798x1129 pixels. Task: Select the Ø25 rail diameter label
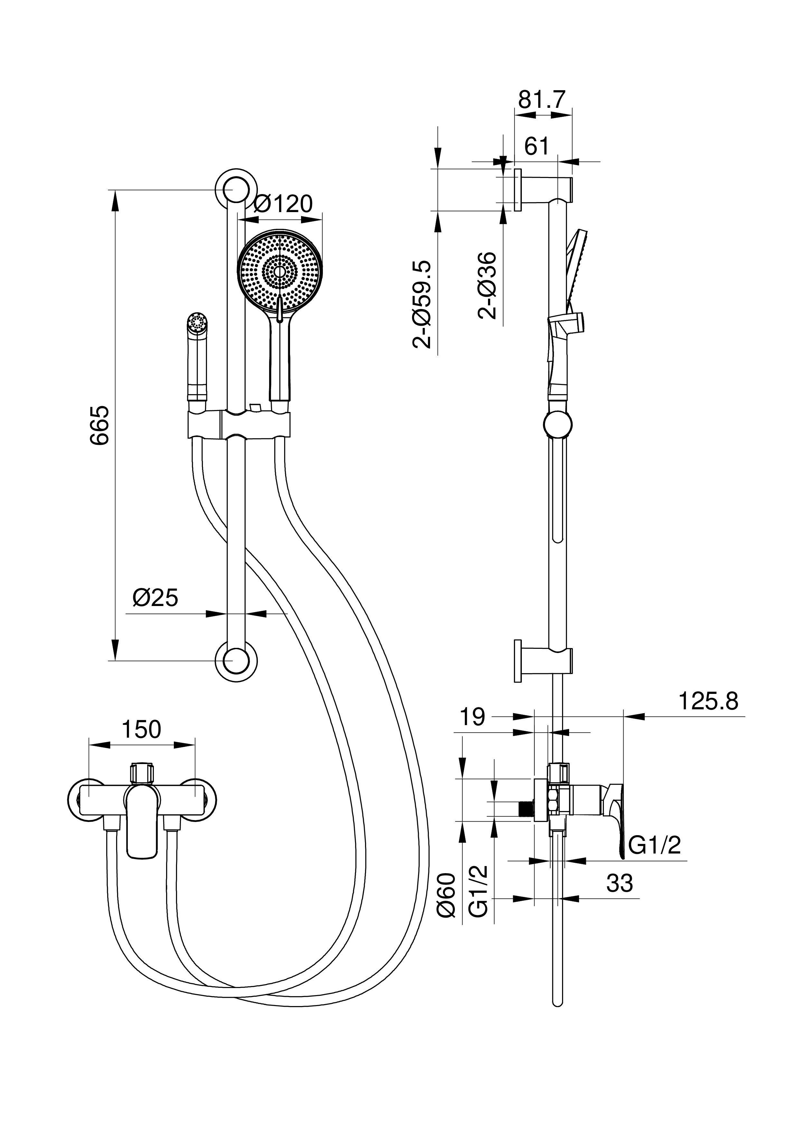click(155, 597)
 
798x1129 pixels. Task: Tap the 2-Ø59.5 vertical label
click(422, 305)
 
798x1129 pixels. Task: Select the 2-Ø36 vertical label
click(488, 286)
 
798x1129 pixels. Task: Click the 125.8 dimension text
click(709, 701)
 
